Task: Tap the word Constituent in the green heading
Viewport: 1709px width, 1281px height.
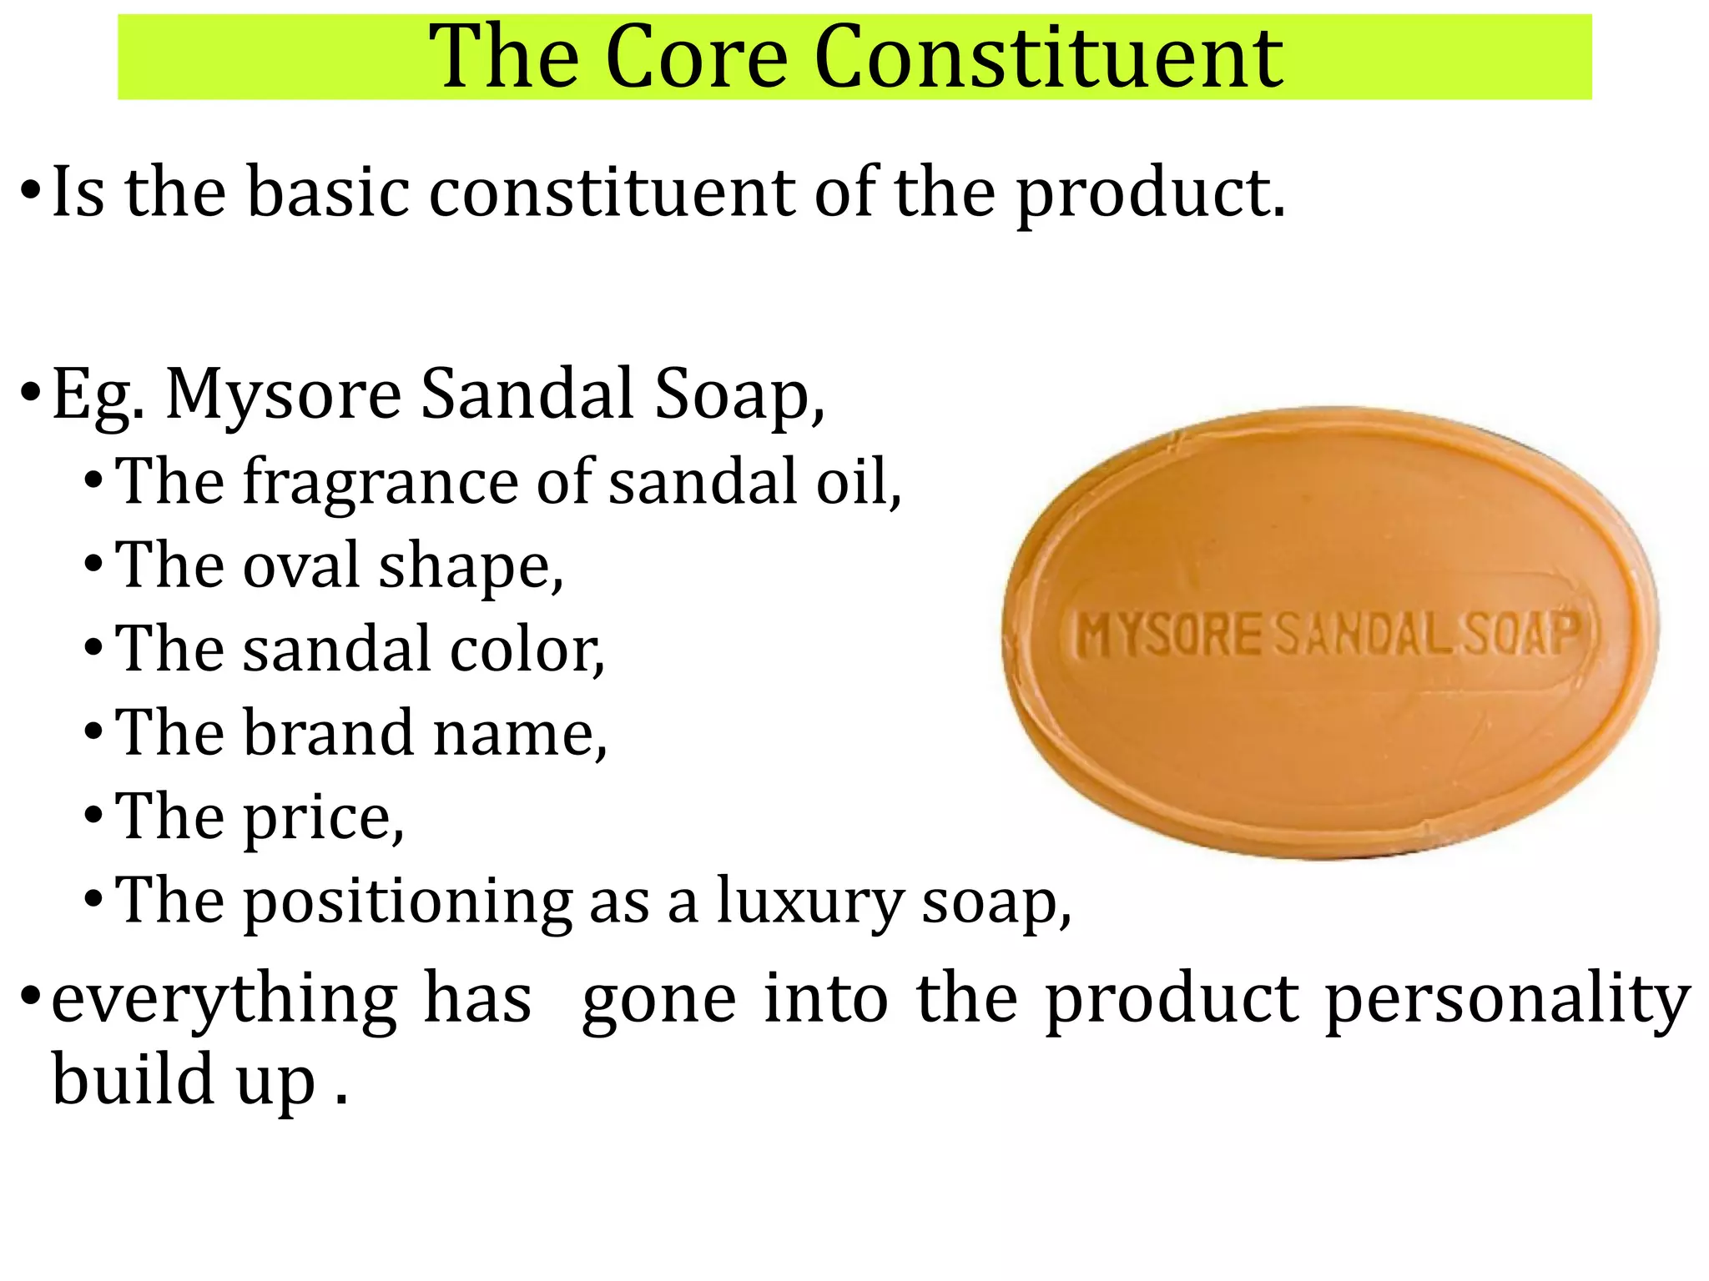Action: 1048,57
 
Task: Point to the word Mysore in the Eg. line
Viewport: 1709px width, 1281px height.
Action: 284,394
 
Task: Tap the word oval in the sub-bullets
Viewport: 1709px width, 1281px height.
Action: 301,565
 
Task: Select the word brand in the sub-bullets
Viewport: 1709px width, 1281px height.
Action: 330,733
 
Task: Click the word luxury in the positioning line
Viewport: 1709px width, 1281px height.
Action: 809,902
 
